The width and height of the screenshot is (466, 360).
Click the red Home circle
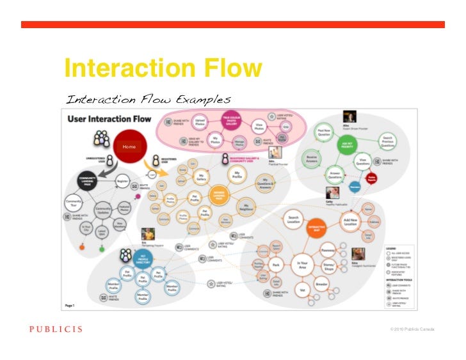[130, 146]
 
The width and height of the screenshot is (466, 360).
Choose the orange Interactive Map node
[313, 229]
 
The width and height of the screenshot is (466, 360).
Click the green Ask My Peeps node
[347, 145]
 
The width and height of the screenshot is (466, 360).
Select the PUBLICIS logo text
[55, 329]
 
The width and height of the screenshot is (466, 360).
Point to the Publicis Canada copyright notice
[412, 329]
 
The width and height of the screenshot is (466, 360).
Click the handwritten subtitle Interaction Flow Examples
[148, 99]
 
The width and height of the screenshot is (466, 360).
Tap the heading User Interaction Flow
[109, 118]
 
